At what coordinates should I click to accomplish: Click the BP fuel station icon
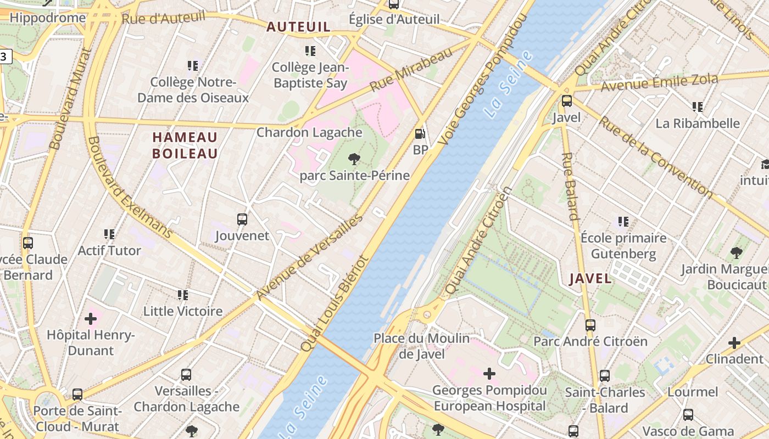pos(420,133)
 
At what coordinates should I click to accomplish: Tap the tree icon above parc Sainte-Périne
pos(354,159)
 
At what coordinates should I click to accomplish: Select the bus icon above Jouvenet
pos(242,219)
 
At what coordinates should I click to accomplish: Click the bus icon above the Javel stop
pos(566,101)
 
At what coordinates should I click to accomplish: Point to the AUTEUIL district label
pos(298,27)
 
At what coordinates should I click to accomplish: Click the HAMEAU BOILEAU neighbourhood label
pos(185,145)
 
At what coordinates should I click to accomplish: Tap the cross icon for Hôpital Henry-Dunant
pos(91,318)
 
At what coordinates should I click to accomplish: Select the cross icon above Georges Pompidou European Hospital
pos(489,374)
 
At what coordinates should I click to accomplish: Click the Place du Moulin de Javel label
pos(421,346)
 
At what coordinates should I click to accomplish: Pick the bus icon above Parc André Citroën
pos(590,325)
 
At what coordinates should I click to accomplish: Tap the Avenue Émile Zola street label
pos(659,83)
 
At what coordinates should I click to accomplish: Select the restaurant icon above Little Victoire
pos(183,295)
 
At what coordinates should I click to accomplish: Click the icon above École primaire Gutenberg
pos(623,222)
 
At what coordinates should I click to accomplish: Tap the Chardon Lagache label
pos(310,132)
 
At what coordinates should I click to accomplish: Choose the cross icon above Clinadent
pos(734,343)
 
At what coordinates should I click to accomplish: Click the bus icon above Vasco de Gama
pos(688,414)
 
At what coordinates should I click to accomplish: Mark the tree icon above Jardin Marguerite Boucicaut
pos(736,253)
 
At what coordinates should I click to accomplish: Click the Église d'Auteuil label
pos(394,19)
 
